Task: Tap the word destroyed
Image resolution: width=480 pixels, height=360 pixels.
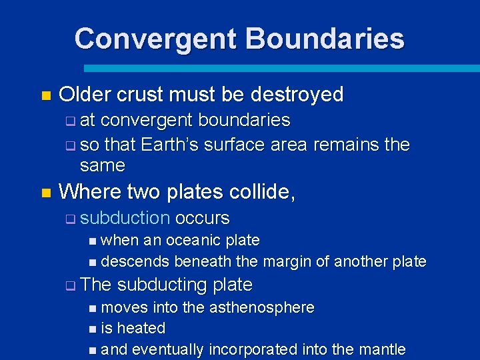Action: [299, 95]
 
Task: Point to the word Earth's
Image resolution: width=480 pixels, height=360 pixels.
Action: [171, 145]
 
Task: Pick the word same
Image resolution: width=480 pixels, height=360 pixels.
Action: [102, 165]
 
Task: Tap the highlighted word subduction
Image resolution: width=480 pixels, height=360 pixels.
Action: [125, 218]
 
